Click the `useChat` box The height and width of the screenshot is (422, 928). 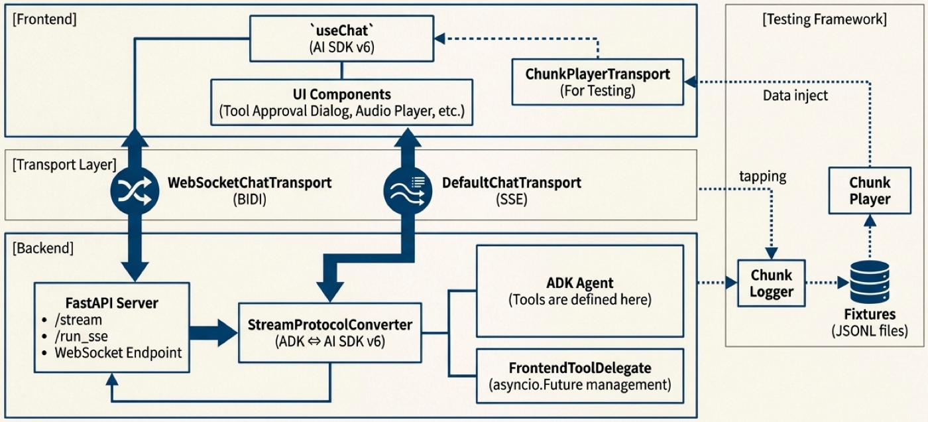[x=342, y=38]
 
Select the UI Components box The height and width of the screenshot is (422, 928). [x=342, y=102]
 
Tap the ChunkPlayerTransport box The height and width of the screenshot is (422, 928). [x=598, y=82]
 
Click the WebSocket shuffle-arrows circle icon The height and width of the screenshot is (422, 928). [x=135, y=190]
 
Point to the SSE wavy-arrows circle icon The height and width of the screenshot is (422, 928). [x=408, y=190]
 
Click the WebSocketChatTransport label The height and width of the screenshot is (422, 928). [x=249, y=190]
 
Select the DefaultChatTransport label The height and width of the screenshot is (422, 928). [x=512, y=190]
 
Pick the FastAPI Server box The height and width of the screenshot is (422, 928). [x=112, y=328]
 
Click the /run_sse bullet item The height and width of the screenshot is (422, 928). [x=81, y=336]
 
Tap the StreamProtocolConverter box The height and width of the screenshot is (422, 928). [x=330, y=333]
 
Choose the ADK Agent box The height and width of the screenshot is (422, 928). [x=580, y=291]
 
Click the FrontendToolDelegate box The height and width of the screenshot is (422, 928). [x=580, y=376]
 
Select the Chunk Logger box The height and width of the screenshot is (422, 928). [x=772, y=283]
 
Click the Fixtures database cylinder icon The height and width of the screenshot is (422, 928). [x=870, y=282]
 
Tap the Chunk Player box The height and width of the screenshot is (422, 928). [x=870, y=190]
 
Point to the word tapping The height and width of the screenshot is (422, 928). [x=763, y=176]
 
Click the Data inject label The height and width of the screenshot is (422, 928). [x=795, y=96]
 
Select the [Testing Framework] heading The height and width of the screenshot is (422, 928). [x=825, y=19]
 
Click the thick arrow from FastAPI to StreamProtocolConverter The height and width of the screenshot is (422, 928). [x=213, y=333]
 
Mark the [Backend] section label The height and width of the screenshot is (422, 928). [x=43, y=248]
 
